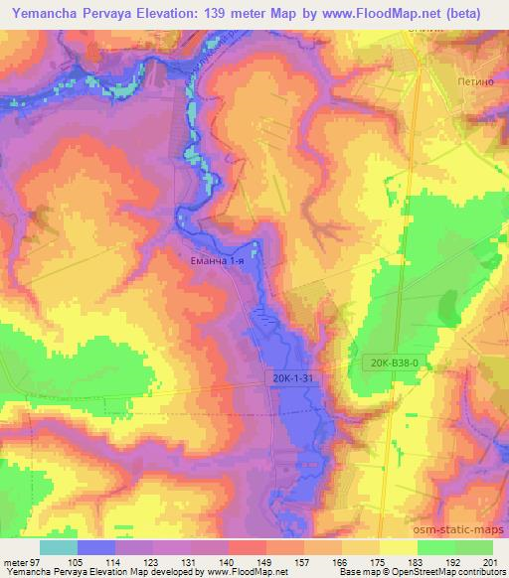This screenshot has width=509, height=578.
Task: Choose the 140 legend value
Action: (254, 563)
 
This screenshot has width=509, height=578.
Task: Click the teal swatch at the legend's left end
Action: (59, 547)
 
